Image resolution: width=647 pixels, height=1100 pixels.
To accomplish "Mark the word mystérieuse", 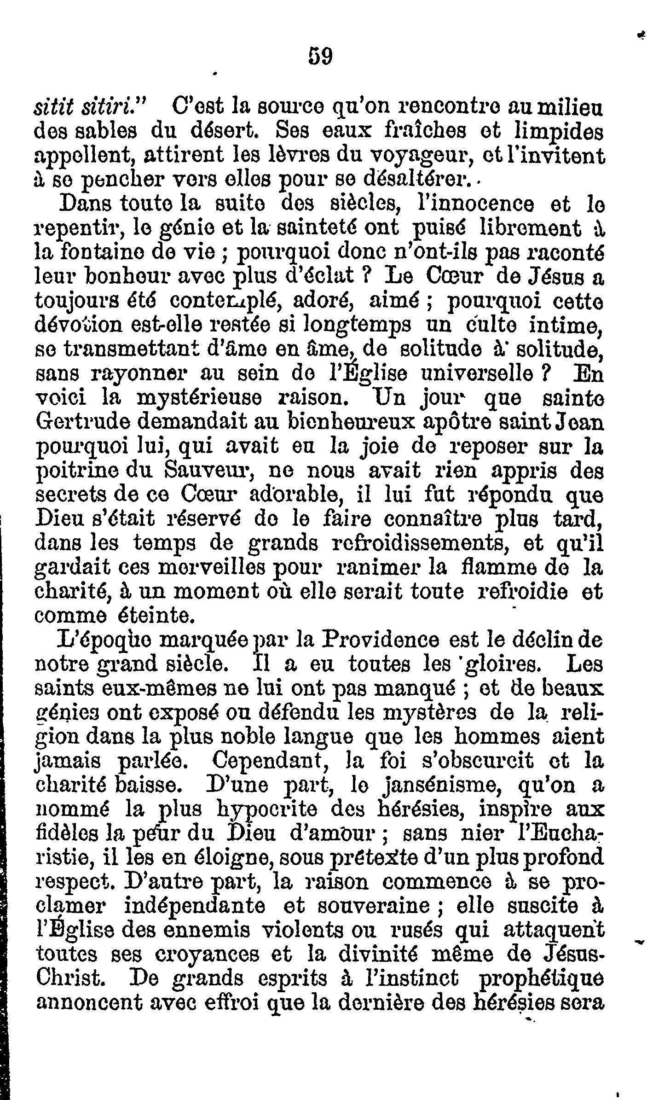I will pos(210,398).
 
